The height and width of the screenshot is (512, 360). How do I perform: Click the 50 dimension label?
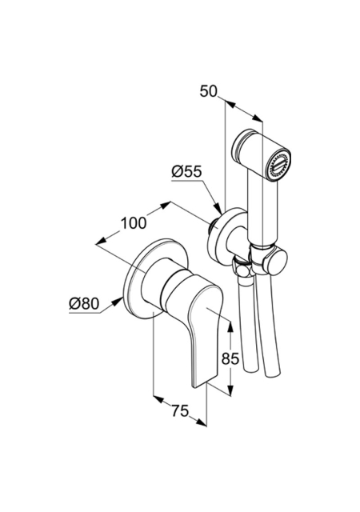coord(209,91)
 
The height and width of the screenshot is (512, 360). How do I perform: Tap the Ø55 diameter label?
coord(187,171)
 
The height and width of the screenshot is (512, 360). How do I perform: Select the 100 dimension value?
coord(134,223)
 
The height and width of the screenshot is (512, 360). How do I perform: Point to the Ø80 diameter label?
coord(84,304)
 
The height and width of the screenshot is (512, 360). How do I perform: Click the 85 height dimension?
coord(230,359)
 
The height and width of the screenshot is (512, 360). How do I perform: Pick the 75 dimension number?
coord(180,410)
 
